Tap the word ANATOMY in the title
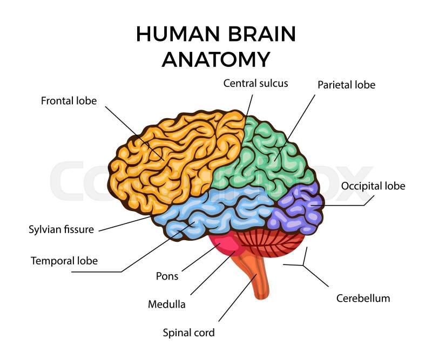pyautogui.click(x=216, y=59)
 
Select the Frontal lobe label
pyautogui.click(x=69, y=101)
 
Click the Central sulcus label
pyautogui.click(x=255, y=83)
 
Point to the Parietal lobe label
pyautogui.click(x=346, y=85)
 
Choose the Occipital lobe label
pyautogui.click(x=373, y=186)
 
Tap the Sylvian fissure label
pyautogui.click(x=61, y=229)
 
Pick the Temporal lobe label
pyautogui.click(x=64, y=261)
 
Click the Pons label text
pyautogui.click(x=167, y=276)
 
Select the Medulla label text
pyautogui.click(x=167, y=304)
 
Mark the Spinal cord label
pyautogui.click(x=188, y=332)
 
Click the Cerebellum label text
pyautogui.click(x=363, y=298)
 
